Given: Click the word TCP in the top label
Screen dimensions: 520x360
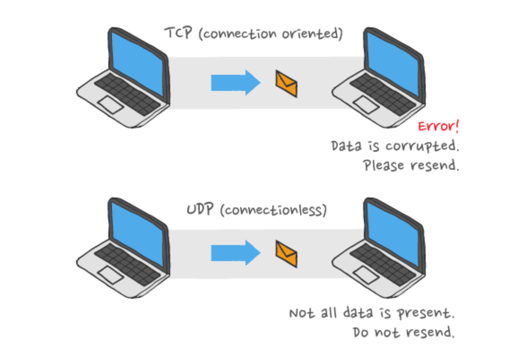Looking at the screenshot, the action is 178,33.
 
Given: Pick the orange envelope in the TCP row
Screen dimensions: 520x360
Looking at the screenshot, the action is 286,84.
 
